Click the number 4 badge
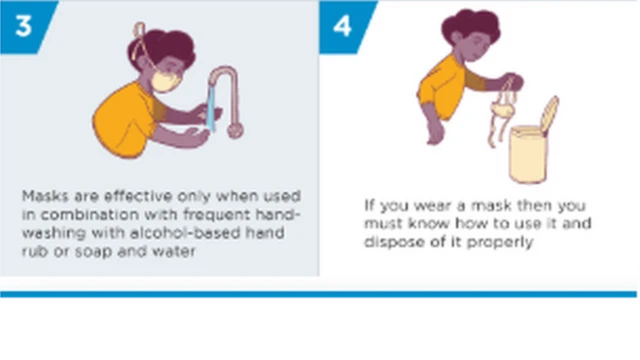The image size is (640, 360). (343, 23)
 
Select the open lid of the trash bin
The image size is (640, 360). (549, 115)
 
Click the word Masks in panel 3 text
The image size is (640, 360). (40, 196)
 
